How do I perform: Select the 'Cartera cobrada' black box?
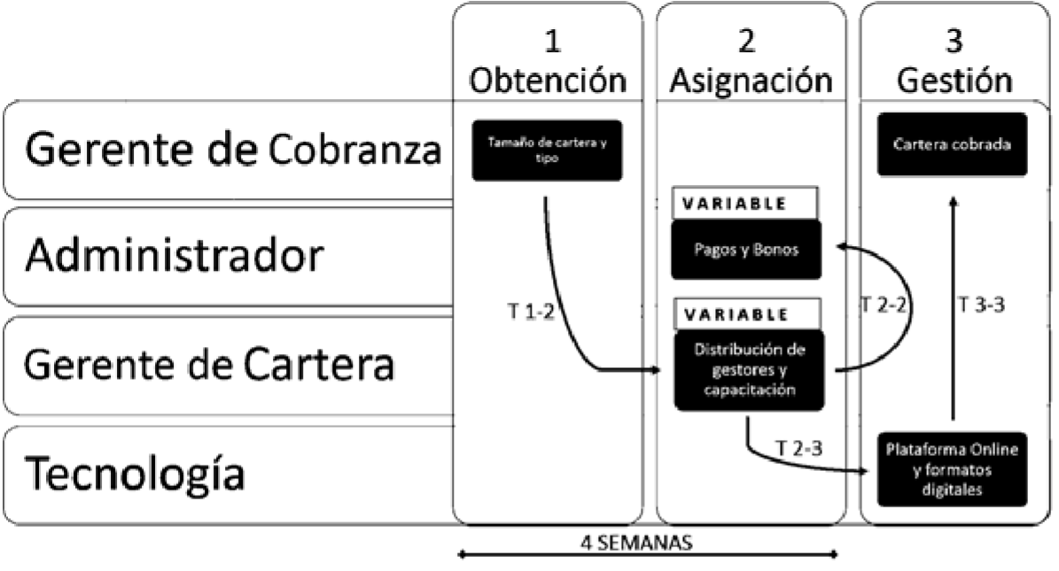[x=952, y=144]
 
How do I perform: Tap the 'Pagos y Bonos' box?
[x=746, y=250]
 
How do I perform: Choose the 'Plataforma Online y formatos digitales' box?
[x=952, y=467]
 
